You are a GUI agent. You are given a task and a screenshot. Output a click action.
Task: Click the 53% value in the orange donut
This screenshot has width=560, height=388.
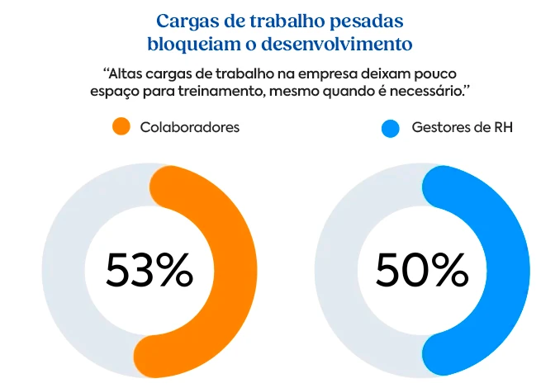[x=149, y=269]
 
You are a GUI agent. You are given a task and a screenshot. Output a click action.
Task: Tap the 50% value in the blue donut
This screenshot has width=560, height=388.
[x=422, y=269]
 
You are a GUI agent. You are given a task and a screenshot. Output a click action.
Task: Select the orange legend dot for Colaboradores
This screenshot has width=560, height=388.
[x=121, y=128]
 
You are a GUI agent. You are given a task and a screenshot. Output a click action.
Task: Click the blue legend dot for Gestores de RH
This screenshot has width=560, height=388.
[x=391, y=128]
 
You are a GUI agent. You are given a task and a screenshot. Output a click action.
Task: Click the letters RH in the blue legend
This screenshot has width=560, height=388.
[x=501, y=128]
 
